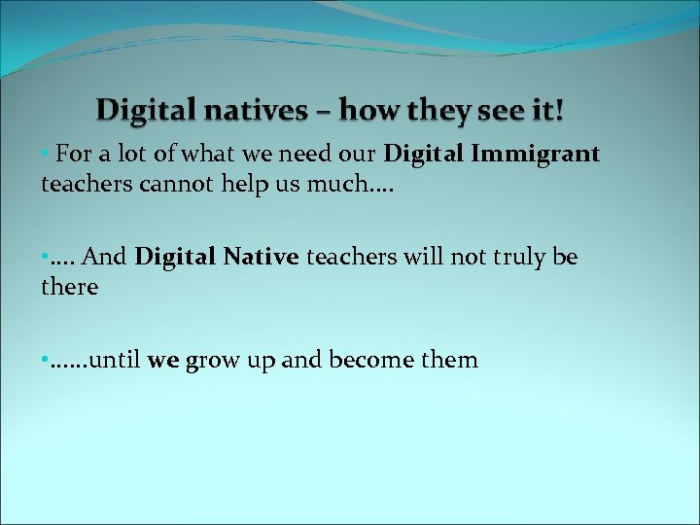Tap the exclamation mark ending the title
point(559,111)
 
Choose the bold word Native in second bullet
point(262,258)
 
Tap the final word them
point(451,361)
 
